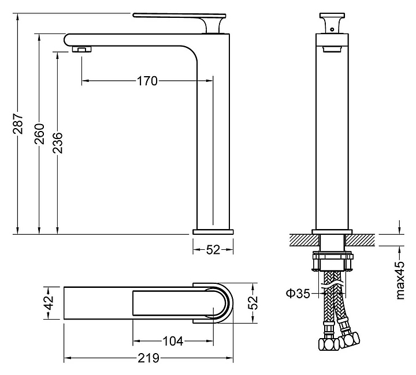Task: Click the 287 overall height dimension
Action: [x=18, y=123]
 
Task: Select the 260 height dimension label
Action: [x=39, y=134]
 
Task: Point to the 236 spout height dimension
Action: [x=57, y=143]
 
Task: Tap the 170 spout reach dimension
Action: [x=147, y=81]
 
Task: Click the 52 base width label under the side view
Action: [x=213, y=249]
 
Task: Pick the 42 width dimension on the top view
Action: [x=49, y=303]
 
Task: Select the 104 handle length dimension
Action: [x=173, y=341]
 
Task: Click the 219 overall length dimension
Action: [x=148, y=358]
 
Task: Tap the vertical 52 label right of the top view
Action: [x=253, y=302]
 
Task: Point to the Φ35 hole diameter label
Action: [x=298, y=293]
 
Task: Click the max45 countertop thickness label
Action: [x=400, y=281]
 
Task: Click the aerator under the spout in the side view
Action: [x=82, y=49]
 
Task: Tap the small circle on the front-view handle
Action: [x=332, y=29]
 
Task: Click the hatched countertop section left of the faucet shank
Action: [x=304, y=241]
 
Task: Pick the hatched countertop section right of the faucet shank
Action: [x=360, y=241]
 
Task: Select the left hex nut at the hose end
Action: [x=329, y=343]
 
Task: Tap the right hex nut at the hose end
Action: [x=350, y=339]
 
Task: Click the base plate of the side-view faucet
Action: [x=213, y=232]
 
